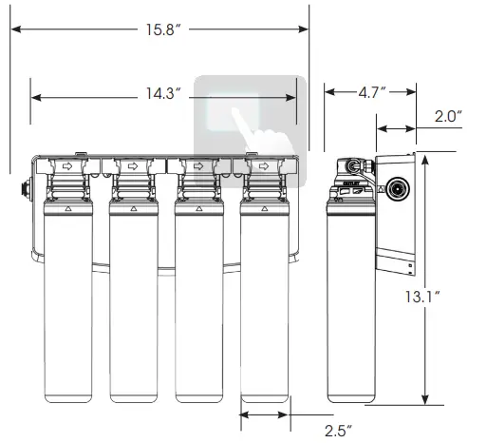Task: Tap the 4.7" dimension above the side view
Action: pos(370,92)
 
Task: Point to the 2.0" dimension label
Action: pos(446,116)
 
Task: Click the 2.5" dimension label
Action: pos(336,431)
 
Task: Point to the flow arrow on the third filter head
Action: pos(198,166)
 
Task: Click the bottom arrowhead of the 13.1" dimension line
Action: pos(424,402)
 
